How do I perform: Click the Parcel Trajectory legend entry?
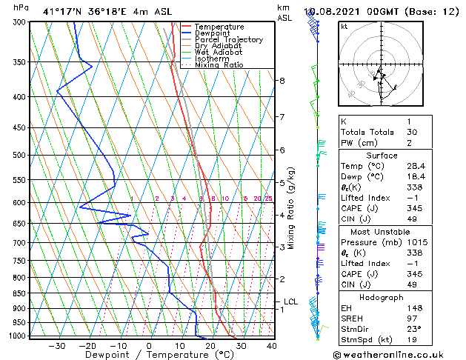228,39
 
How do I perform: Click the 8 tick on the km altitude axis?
282,80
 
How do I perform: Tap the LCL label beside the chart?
290,302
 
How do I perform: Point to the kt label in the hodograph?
344,27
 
